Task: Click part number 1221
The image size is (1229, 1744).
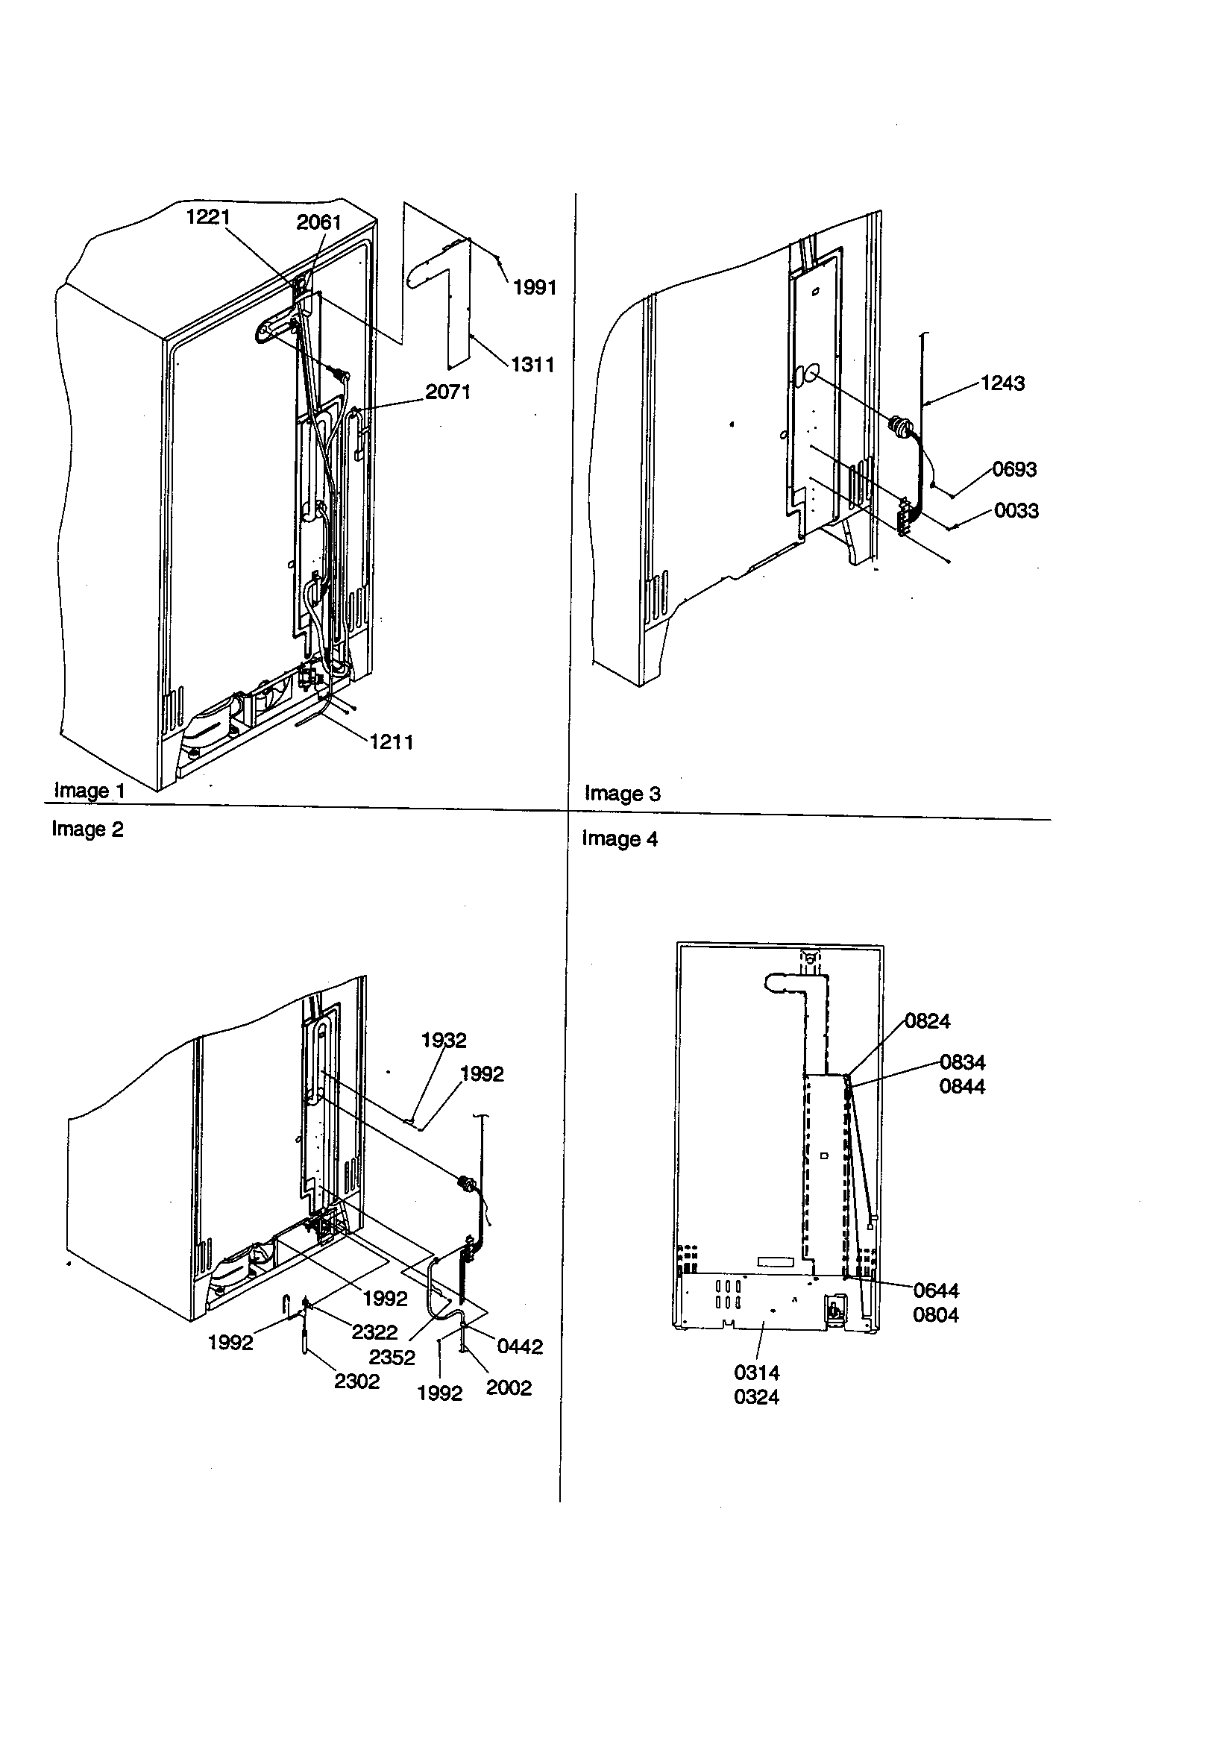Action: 208,217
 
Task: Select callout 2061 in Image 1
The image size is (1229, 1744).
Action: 318,222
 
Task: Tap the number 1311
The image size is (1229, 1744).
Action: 532,365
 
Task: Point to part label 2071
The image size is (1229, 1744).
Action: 447,392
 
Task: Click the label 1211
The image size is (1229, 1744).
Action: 392,742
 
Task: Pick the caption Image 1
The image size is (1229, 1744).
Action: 89,791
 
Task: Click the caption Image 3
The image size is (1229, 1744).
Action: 622,794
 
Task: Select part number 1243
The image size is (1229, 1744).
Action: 1002,383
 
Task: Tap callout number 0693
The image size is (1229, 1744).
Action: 1014,469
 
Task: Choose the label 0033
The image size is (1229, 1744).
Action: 1016,511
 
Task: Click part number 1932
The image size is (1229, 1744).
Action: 444,1040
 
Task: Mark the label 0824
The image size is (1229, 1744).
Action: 928,1022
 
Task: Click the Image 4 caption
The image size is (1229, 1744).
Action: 619,839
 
